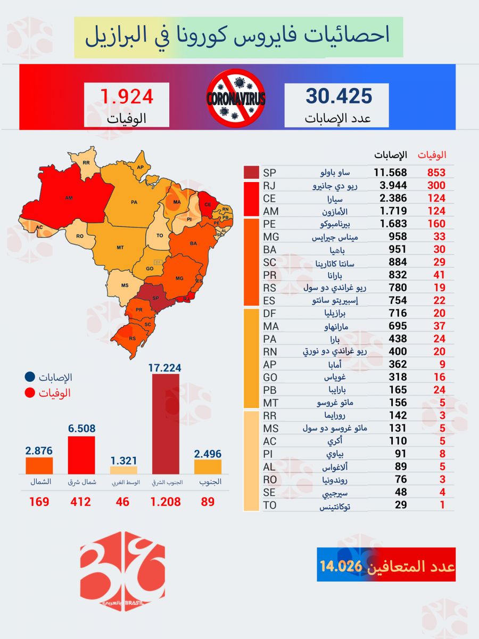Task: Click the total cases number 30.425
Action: [338, 96]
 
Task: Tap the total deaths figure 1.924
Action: [127, 96]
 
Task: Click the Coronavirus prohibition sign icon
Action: [236, 98]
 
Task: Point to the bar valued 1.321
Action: [123, 470]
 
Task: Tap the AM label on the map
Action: [69, 198]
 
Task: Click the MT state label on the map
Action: [120, 247]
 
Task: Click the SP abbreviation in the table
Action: [269, 173]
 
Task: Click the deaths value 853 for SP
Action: [436, 173]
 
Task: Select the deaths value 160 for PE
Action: [436, 224]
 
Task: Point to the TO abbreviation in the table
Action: [270, 505]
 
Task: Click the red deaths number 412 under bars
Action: [80, 502]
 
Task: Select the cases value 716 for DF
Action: [398, 313]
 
